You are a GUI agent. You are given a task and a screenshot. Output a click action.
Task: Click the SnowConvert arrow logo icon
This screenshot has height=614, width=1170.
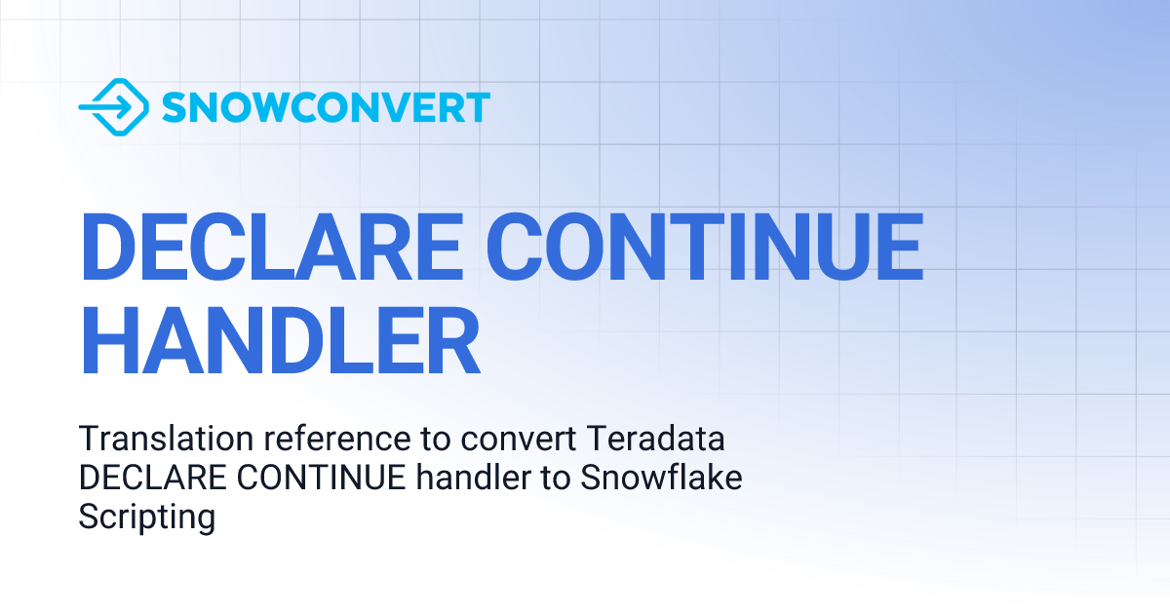click(113, 106)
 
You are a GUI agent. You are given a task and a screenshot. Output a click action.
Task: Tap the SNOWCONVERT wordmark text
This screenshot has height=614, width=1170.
click(326, 107)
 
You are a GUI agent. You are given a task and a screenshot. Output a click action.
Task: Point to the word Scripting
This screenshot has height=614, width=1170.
click(146, 518)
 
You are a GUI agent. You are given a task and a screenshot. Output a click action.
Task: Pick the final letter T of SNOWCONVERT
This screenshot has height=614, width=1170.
click(477, 107)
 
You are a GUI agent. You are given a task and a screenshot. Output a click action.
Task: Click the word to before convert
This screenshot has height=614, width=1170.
click(435, 440)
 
